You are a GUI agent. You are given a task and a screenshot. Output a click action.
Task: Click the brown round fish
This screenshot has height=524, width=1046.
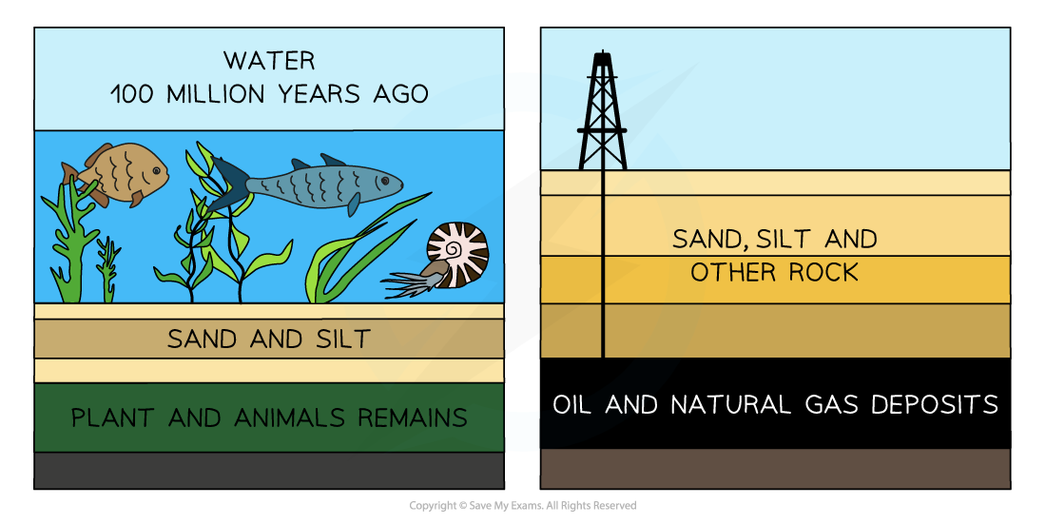[119, 173]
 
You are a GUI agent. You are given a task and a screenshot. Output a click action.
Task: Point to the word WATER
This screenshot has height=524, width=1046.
[269, 61]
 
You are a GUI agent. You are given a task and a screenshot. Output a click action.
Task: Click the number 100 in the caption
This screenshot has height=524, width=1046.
[132, 95]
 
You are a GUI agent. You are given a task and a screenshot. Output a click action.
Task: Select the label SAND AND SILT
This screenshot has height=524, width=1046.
[269, 339]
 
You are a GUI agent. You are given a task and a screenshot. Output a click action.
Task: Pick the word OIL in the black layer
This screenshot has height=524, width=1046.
[573, 405]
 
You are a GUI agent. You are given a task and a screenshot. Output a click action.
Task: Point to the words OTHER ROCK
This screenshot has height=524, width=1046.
[774, 273]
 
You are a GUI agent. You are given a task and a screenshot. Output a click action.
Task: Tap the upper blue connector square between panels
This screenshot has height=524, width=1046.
[522, 92]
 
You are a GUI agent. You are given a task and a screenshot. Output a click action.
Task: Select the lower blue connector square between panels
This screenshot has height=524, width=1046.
[522, 431]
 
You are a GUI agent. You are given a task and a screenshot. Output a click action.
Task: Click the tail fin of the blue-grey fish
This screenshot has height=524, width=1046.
[226, 184]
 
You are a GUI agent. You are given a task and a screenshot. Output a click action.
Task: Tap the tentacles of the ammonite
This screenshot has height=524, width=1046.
[407, 281]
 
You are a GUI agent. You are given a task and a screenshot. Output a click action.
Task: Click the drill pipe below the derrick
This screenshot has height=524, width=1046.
[603, 266]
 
